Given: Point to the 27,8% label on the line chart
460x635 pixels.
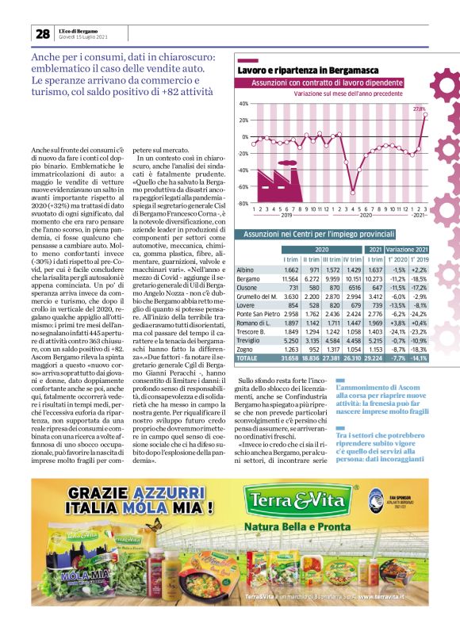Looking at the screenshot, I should click(x=420, y=109).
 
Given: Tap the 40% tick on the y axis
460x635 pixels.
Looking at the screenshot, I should click(x=243, y=103).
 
